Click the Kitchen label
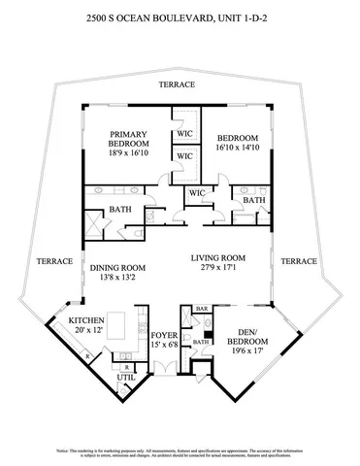click(x=85, y=318)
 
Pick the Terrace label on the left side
click(x=50, y=261)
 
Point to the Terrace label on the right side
click(x=299, y=261)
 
